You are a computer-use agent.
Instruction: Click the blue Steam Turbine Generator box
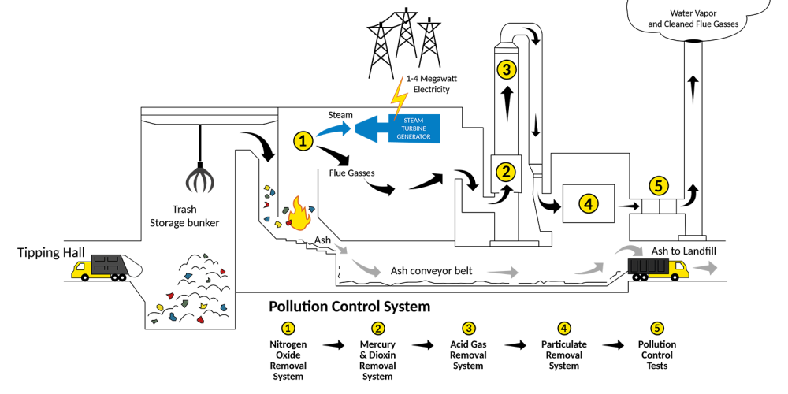tap(413, 128)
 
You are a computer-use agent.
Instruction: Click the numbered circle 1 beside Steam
tap(303, 140)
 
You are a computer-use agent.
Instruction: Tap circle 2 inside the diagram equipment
tap(504, 169)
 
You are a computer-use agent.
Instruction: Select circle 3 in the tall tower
tap(507, 70)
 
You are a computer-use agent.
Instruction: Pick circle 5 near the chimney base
tap(659, 186)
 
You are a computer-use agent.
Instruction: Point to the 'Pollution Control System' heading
tap(350, 306)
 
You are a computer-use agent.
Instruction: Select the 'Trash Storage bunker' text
tap(184, 217)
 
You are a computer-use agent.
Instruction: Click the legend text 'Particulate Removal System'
tap(564, 355)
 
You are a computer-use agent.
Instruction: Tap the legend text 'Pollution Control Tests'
tap(657, 355)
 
